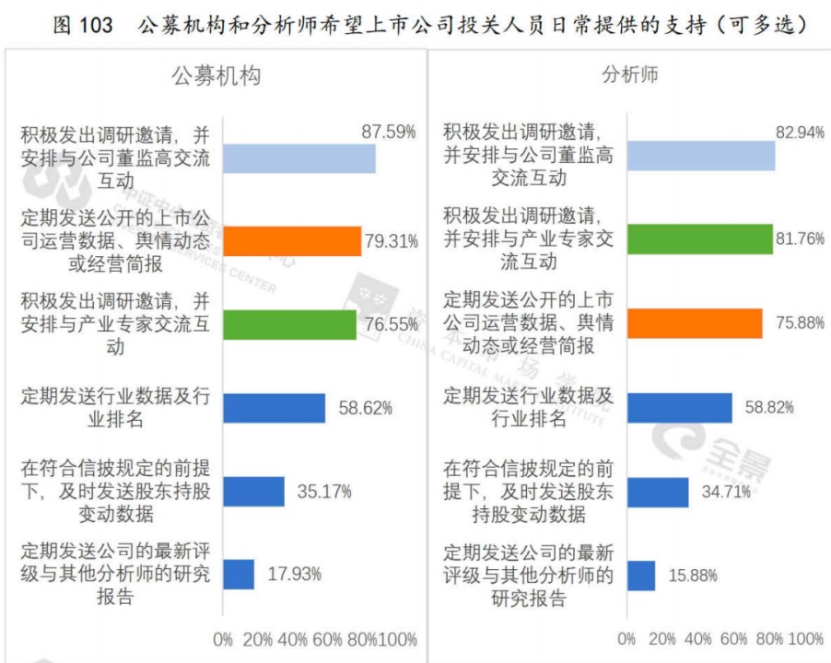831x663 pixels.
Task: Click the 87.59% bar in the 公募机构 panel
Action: (299, 158)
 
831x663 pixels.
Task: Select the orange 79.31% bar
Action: (292, 241)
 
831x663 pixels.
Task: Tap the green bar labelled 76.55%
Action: (289, 324)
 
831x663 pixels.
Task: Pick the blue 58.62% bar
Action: (274, 408)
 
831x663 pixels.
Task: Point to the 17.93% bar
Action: (239, 574)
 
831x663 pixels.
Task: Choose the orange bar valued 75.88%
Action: (694, 322)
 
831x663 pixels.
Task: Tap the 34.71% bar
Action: (658, 492)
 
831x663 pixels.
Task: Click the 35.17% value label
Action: (324, 492)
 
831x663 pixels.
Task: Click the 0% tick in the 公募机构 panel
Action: (223, 639)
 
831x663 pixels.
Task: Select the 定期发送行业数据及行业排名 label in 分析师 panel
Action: (528, 408)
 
